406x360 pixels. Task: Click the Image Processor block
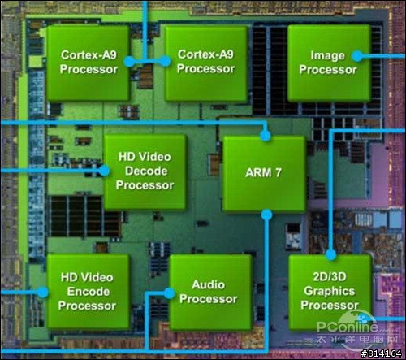coord(329,63)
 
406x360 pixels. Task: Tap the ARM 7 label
coord(263,172)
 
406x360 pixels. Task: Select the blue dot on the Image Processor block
coord(357,56)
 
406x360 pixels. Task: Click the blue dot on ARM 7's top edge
coord(266,135)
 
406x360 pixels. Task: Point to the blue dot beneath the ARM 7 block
coord(266,215)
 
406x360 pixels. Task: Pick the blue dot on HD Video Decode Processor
coord(104,171)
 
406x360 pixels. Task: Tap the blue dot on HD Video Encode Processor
coord(42,293)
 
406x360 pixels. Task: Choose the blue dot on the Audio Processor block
coord(169,293)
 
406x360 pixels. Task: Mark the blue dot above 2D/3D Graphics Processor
coord(330,254)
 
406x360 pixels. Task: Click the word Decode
coord(146,171)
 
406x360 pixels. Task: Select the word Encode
coord(89,292)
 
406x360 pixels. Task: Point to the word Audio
coord(208,284)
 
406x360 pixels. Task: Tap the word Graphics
coord(329,292)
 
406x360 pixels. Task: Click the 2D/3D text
coord(330,277)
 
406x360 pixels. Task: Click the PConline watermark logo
coord(356,332)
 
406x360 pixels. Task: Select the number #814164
coord(381,353)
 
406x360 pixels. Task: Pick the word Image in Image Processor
coord(327,55)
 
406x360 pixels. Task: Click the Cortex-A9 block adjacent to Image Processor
coord(206,63)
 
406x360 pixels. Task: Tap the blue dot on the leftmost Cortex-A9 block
coord(129,62)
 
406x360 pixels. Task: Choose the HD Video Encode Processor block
coord(88,292)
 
